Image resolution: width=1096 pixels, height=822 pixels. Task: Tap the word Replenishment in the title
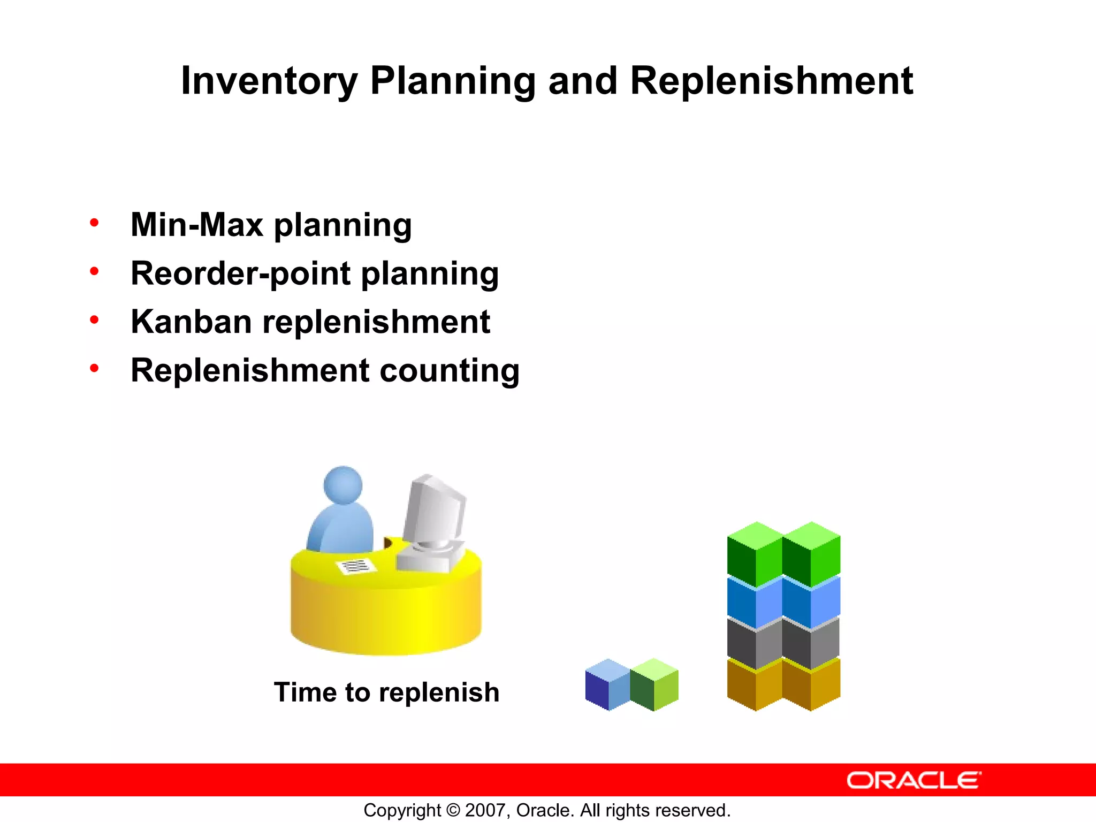pyautogui.click(x=771, y=81)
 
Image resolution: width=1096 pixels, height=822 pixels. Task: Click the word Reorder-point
pyautogui.click(x=240, y=273)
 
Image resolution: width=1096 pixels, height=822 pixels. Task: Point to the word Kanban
pyautogui.click(x=191, y=322)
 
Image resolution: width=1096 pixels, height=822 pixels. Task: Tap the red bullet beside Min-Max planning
pyautogui.click(x=95, y=223)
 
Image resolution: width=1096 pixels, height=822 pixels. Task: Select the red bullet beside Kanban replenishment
pyautogui.click(x=95, y=320)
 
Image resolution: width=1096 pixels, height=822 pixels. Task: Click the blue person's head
pyautogui.click(x=343, y=485)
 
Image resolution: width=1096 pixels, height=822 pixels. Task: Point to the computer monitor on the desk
pyautogui.click(x=433, y=511)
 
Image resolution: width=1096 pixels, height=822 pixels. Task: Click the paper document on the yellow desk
pyautogui.click(x=355, y=566)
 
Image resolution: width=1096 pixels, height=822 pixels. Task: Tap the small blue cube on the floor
pyautogui.click(x=608, y=685)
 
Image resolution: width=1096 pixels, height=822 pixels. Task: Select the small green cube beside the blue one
pyautogui.click(x=654, y=685)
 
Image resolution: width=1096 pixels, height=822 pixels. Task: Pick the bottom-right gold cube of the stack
pyautogui.click(x=811, y=685)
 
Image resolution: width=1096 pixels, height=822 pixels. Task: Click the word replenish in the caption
pyautogui.click(x=439, y=692)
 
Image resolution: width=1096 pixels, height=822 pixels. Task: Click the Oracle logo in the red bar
pyautogui.click(x=914, y=780)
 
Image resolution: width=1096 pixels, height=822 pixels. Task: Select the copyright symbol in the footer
pyautogui.click(x=453, y=810)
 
